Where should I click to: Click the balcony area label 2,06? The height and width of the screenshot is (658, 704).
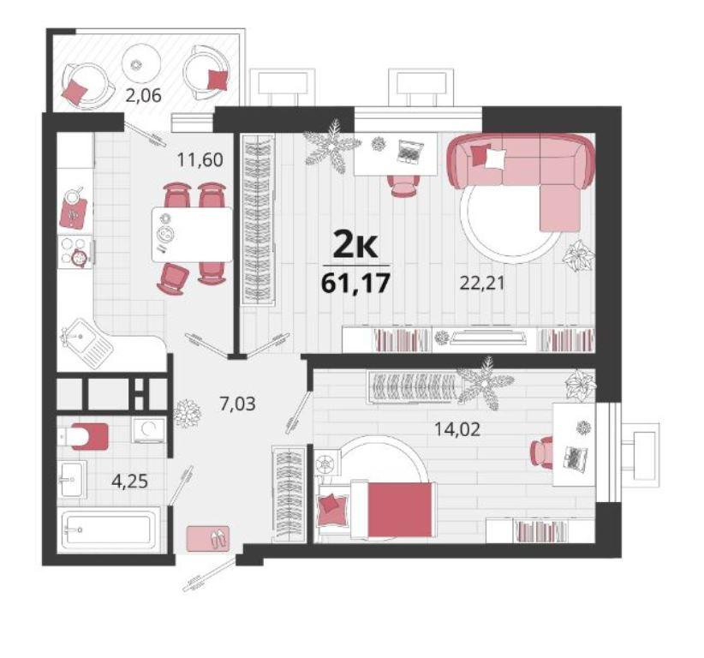(x=143, y=95)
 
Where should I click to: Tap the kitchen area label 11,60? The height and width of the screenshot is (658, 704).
(x=200, y=159)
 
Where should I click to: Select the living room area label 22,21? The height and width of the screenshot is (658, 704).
(x=482, y=283)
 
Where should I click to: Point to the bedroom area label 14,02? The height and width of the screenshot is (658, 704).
(x=457, y=429)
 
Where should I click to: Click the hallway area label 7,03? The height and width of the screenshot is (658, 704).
(x=237, y=404)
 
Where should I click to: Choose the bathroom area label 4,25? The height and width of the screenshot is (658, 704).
(x=130, y=482)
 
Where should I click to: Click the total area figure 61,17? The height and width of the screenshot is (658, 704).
(x=355, y=283)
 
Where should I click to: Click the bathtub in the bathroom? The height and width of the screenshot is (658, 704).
(x=110, y=529)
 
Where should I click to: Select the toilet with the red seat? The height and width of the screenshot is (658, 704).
(x=84, y=436)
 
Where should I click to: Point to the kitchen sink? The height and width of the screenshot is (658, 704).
(x=87, y=343)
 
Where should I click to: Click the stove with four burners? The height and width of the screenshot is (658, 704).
(x=75, y=252)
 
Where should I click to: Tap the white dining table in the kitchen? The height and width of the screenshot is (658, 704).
(x=192, y=234)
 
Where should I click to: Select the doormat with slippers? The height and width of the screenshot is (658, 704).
(x=208, y=539)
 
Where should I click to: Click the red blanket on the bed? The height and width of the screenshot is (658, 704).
(x=402, y=510)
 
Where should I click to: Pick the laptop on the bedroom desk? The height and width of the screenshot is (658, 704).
(x=574, y=459)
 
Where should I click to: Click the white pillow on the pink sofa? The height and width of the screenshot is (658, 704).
(x=495, y=159)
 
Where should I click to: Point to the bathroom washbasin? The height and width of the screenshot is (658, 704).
(x=71, y=479)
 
